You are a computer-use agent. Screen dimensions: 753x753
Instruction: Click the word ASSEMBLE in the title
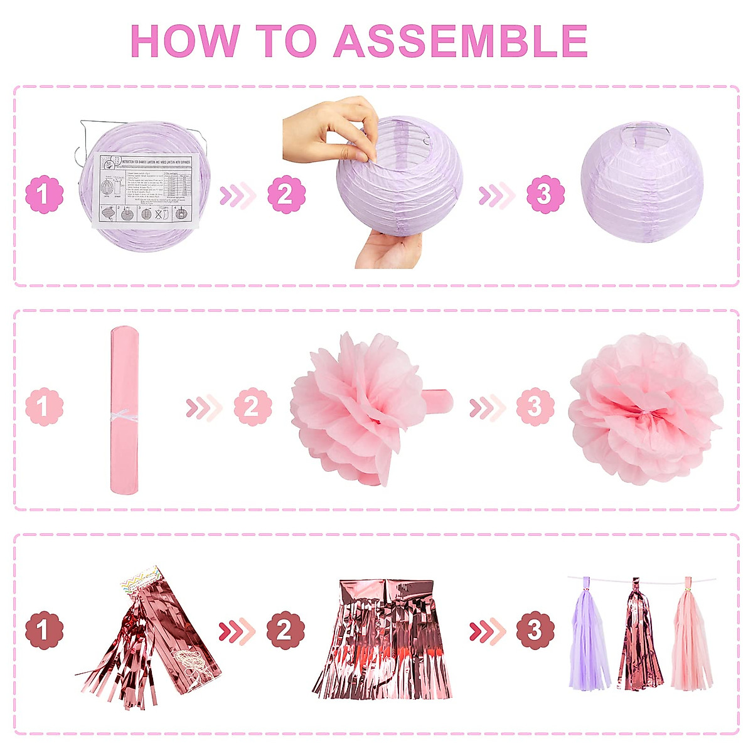click(x=461, y=41)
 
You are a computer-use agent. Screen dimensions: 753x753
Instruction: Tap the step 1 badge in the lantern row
click(x=44, y=195)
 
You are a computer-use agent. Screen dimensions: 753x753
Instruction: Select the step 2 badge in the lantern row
click(x=286, y=195)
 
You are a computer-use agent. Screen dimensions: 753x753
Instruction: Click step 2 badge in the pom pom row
click(x=252, y=407)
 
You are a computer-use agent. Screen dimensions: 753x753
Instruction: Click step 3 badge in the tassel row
click(x=535, y=630)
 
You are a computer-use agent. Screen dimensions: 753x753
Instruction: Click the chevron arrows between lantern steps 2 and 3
click(x=496, y=196)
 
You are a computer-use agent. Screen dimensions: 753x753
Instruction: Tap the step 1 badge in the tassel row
click(x=44, y=630)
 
